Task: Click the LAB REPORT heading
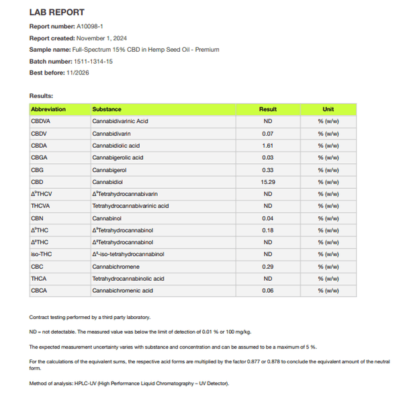57,12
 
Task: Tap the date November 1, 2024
101,38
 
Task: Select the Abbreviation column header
48,109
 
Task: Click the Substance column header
107,109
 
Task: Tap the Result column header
267,109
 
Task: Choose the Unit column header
328,109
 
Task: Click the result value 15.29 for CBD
267,182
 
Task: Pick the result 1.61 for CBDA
267,146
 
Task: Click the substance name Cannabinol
107,218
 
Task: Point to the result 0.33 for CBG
267,170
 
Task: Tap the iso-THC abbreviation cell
41,255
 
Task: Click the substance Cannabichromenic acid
122,291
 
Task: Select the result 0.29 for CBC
267,267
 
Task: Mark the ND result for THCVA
267,206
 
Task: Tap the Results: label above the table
41,96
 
